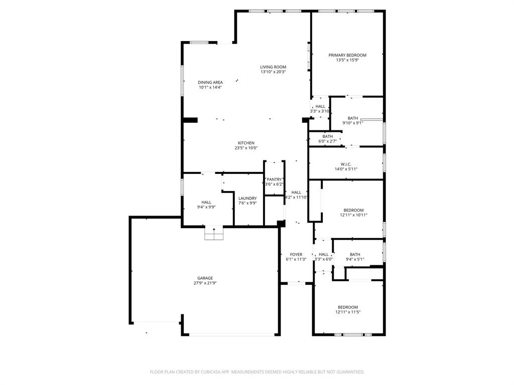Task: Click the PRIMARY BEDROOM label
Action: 347,55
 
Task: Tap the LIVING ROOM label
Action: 273,67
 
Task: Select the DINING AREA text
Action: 210,82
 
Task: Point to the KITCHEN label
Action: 246,143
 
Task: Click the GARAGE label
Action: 205,278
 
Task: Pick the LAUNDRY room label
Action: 247,198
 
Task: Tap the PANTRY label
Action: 274,179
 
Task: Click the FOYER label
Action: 296,254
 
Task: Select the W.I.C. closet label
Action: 346,164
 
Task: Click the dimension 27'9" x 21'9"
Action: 205,283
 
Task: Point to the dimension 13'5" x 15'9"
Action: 347,60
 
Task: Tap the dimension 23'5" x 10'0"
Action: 246,148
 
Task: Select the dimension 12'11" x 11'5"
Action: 348,312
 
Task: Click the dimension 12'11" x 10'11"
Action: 354,215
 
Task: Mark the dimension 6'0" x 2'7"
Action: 327,141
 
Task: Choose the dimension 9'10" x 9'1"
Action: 353,123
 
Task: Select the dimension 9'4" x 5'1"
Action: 355,260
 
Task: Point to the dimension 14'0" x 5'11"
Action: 346,169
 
